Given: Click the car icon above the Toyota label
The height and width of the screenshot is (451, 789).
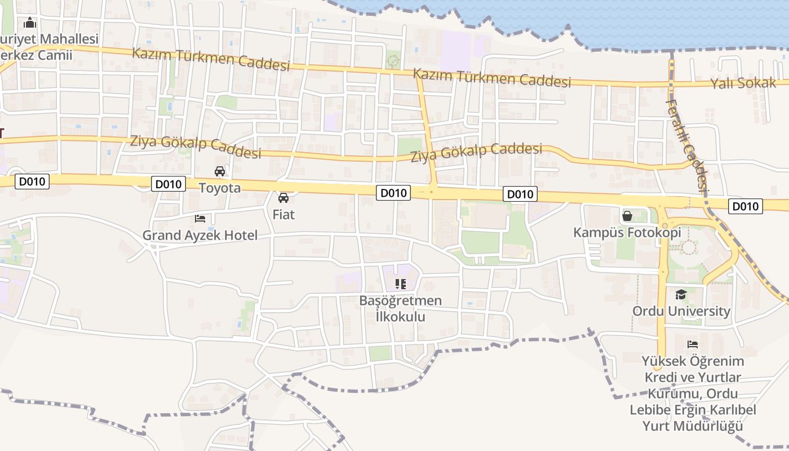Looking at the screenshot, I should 220,171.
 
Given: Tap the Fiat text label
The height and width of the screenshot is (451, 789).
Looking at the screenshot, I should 283,215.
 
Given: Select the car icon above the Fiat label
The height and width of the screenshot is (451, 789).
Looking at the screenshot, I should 283,198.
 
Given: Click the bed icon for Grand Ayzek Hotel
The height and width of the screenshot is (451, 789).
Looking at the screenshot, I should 200,218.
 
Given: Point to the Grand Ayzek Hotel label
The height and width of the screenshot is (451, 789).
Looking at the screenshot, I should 200,235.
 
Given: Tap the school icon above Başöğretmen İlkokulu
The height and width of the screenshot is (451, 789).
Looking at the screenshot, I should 401,284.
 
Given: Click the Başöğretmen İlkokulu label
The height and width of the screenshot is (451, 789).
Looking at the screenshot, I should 401,308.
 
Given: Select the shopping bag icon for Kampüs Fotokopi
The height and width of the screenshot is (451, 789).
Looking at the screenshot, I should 627,215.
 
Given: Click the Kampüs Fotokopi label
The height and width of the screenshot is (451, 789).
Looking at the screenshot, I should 627,232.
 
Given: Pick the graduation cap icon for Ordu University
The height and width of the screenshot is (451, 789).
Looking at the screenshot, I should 681,294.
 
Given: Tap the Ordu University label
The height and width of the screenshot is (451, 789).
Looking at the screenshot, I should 681,311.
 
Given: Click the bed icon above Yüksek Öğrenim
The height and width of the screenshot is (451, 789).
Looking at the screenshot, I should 693,344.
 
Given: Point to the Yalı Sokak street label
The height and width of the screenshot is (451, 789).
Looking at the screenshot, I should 743,83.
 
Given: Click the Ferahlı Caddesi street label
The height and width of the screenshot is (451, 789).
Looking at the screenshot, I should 686,145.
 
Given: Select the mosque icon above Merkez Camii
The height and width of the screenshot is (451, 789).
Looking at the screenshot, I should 30,23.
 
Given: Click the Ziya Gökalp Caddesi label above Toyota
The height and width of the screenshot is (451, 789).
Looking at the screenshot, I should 196,146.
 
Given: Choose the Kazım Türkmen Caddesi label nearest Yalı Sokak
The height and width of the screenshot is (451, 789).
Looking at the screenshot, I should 492,78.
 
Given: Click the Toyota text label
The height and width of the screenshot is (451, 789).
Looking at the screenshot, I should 220,188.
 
